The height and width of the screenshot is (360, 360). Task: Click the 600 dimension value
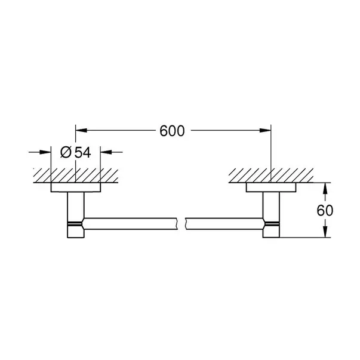pos(172,131)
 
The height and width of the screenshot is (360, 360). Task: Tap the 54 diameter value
pos(83,152)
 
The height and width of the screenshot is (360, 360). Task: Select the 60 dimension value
pos(325,210)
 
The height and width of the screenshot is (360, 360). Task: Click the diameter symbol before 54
pos(66,152)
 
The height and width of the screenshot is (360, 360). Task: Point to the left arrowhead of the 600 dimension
pos(81,130)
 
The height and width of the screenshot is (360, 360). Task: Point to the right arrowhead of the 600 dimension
pos(266,130)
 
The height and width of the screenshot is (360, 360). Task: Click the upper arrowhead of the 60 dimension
pos(325,188)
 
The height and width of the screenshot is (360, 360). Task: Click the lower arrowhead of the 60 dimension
pos(325,232)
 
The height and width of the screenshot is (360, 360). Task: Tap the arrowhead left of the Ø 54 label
pos(45,152)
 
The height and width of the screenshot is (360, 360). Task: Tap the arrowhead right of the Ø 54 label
pos(106,152)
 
